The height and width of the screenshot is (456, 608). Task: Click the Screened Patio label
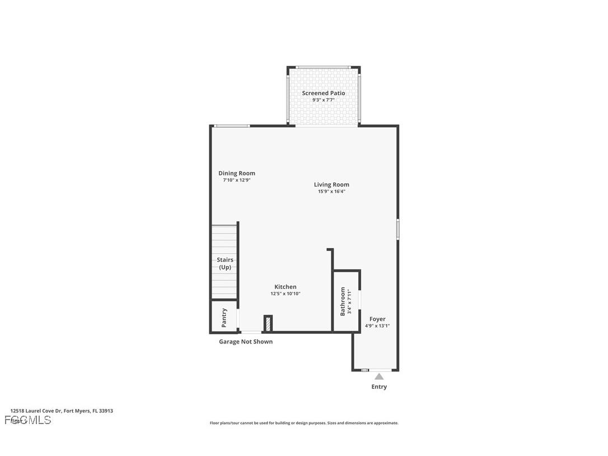click(324, 93)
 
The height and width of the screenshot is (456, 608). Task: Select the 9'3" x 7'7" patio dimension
click(324, 100)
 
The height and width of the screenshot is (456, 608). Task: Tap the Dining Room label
click(236, 173)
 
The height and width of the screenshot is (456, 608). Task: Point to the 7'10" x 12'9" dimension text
click(236, 180)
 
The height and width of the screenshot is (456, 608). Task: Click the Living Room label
click(331, 184)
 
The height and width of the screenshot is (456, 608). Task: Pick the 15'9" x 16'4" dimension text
click(331, 192)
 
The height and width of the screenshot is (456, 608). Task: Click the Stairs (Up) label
click(225, 263)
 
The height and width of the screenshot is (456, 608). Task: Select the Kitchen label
click(285, 287)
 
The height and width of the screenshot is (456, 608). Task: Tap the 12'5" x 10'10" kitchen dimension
click(285, 294)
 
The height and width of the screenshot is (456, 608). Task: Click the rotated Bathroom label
click(343, 301)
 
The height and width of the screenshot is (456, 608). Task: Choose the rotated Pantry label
click(225, 317)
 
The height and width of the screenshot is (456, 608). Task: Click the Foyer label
click(377, 319)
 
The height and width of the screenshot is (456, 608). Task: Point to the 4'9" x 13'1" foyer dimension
click(377, 326)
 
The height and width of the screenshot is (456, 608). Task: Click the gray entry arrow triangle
click(379, 376)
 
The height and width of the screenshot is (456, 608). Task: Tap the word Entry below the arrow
click(379, 387)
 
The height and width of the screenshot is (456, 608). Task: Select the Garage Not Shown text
click(246, 342)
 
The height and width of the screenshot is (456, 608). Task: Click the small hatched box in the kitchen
click(268, 323)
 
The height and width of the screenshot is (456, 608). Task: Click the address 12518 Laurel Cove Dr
click(62, 411)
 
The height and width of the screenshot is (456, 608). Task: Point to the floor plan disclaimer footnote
click(304, 423)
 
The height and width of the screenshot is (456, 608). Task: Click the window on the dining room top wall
click(232, 125)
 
